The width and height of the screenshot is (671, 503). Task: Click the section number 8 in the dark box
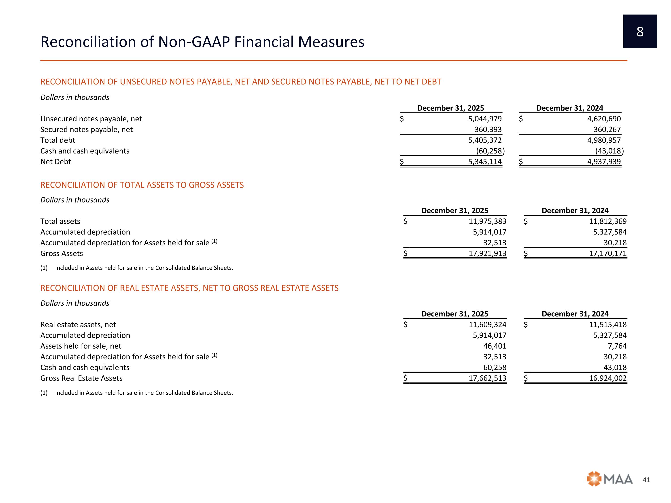(x=640, y=32)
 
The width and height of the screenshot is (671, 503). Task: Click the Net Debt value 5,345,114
(x=485, y=162)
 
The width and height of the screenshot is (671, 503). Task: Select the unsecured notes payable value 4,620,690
(x=604, y=119)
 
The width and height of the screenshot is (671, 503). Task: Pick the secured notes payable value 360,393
(x=488, y=129)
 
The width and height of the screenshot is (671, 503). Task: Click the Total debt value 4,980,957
(x=604, y=140)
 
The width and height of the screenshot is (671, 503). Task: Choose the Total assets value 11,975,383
(x=487, y=221)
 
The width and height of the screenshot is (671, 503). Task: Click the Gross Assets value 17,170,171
(x=608, y=254)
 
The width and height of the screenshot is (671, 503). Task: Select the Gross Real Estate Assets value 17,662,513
(x=487, y=378)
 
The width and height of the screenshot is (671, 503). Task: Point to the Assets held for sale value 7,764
(x=617, y=346)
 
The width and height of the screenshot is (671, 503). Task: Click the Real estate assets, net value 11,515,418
(x=608, y=325)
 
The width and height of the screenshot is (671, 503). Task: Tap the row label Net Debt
(x=55, y=162)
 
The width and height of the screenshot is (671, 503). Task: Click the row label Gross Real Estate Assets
(x=81, y=378)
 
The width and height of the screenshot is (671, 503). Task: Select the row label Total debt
(x=58, y=140)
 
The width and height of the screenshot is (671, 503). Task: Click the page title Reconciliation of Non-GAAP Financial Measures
(x=202, y=42)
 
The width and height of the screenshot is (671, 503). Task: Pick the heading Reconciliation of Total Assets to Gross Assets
(x=142, y=185)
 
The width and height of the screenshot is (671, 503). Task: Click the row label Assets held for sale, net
(x=81, y=346)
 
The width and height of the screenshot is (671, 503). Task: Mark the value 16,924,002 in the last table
(x=608, y=378)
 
